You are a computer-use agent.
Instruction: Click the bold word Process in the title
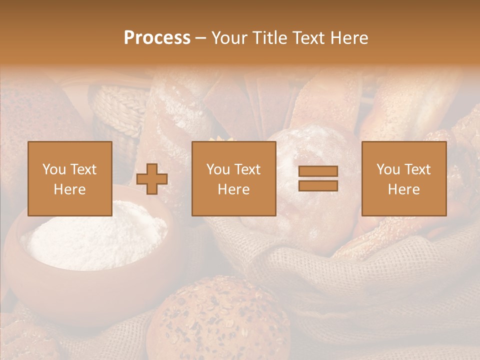click(157, 38)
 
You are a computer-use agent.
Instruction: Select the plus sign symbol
click(152, 179)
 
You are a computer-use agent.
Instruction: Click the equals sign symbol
click(318, 178)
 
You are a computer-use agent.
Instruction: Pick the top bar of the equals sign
click(318, 171)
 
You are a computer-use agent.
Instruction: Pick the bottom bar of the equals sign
click(318, 185)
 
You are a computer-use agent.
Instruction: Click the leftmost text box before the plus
click(69, 178)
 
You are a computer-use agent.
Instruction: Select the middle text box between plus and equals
click(233, 178)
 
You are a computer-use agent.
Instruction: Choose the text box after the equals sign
click(403, 178)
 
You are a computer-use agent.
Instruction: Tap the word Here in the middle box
click(233, 189)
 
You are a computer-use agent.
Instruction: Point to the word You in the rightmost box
click(388, 169)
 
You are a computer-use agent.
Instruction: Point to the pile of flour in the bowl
click(95, 235)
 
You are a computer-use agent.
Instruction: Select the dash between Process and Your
click(200, 38)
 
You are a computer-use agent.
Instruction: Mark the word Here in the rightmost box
click(403, 189)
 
